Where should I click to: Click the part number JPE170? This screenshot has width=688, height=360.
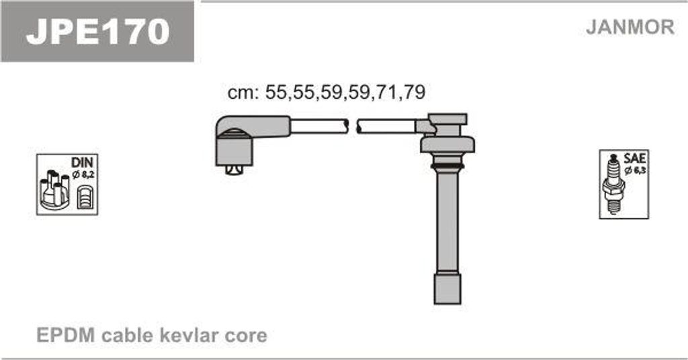point(97,31)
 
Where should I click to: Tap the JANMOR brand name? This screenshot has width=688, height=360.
point(630,27)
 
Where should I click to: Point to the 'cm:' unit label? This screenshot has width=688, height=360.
point(243,93)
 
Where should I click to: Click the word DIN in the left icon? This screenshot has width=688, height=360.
point(82,162)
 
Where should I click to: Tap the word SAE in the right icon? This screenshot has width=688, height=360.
point(634,158)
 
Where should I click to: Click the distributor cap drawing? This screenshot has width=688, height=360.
point(54,189)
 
